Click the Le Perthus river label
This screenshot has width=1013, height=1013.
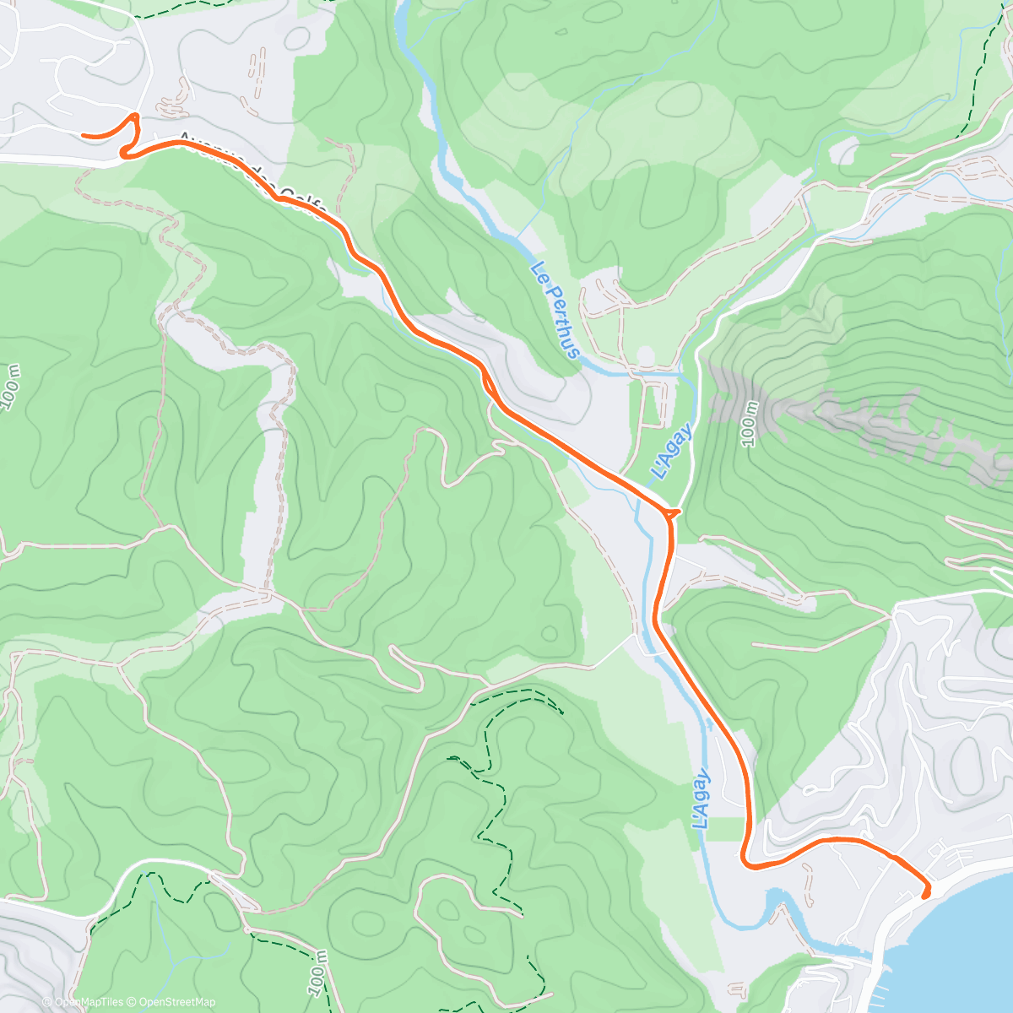coord(555,310)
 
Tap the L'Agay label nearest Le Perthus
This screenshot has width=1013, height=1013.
coord(673,452)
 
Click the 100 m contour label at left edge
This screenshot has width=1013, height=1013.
coord(12,389)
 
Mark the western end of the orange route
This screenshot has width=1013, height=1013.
coord(83,134)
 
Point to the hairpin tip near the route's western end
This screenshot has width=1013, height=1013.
coord(135,115)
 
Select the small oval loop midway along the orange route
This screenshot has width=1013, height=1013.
coord(489,384)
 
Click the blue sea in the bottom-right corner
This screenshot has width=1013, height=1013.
coord(971,945)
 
